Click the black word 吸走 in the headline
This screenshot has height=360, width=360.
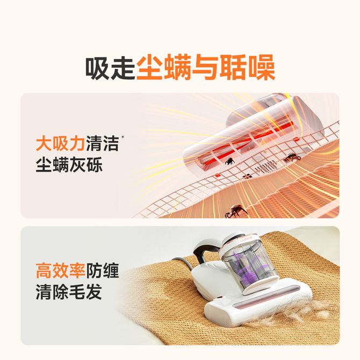point(110,68)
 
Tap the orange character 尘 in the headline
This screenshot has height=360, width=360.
point(150,68)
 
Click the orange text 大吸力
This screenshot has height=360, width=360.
point(61,143)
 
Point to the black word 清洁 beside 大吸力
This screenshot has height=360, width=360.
point(103,143)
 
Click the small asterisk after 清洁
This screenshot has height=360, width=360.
point(123,138)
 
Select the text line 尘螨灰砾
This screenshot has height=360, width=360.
point(69,164)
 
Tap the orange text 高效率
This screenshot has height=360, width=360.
point(61,271)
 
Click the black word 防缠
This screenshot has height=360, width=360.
point(103,271)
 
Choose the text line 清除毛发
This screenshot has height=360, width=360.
point(69,292)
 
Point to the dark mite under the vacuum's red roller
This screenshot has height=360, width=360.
point(229,161)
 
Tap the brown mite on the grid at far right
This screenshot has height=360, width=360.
point(292,157)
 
